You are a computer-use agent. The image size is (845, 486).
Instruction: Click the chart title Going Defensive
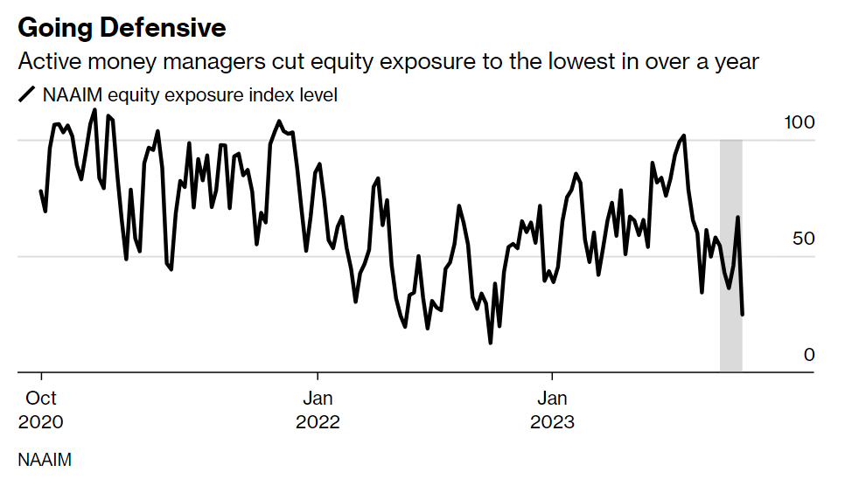(x=122, y=28)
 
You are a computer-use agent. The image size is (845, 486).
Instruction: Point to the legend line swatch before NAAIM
(x=27, y=95)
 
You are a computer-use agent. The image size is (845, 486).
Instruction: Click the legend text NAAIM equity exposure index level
(x=190, y=95)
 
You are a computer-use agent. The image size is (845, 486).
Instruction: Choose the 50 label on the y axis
(x=803, y=239)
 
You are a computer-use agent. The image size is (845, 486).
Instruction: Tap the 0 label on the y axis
(x=809, y=355)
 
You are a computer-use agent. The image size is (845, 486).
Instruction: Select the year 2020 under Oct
(x=41, y=422)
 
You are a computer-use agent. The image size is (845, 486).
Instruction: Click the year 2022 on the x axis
(x=318, y=422)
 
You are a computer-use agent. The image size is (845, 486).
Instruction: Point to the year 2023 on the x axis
(x=552, y=422)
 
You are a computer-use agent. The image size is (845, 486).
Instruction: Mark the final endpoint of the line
(x=743, y=315)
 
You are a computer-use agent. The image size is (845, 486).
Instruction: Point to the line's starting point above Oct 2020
(x=40, y=191)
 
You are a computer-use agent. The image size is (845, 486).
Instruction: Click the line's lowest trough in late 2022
(x=491, y=343)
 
